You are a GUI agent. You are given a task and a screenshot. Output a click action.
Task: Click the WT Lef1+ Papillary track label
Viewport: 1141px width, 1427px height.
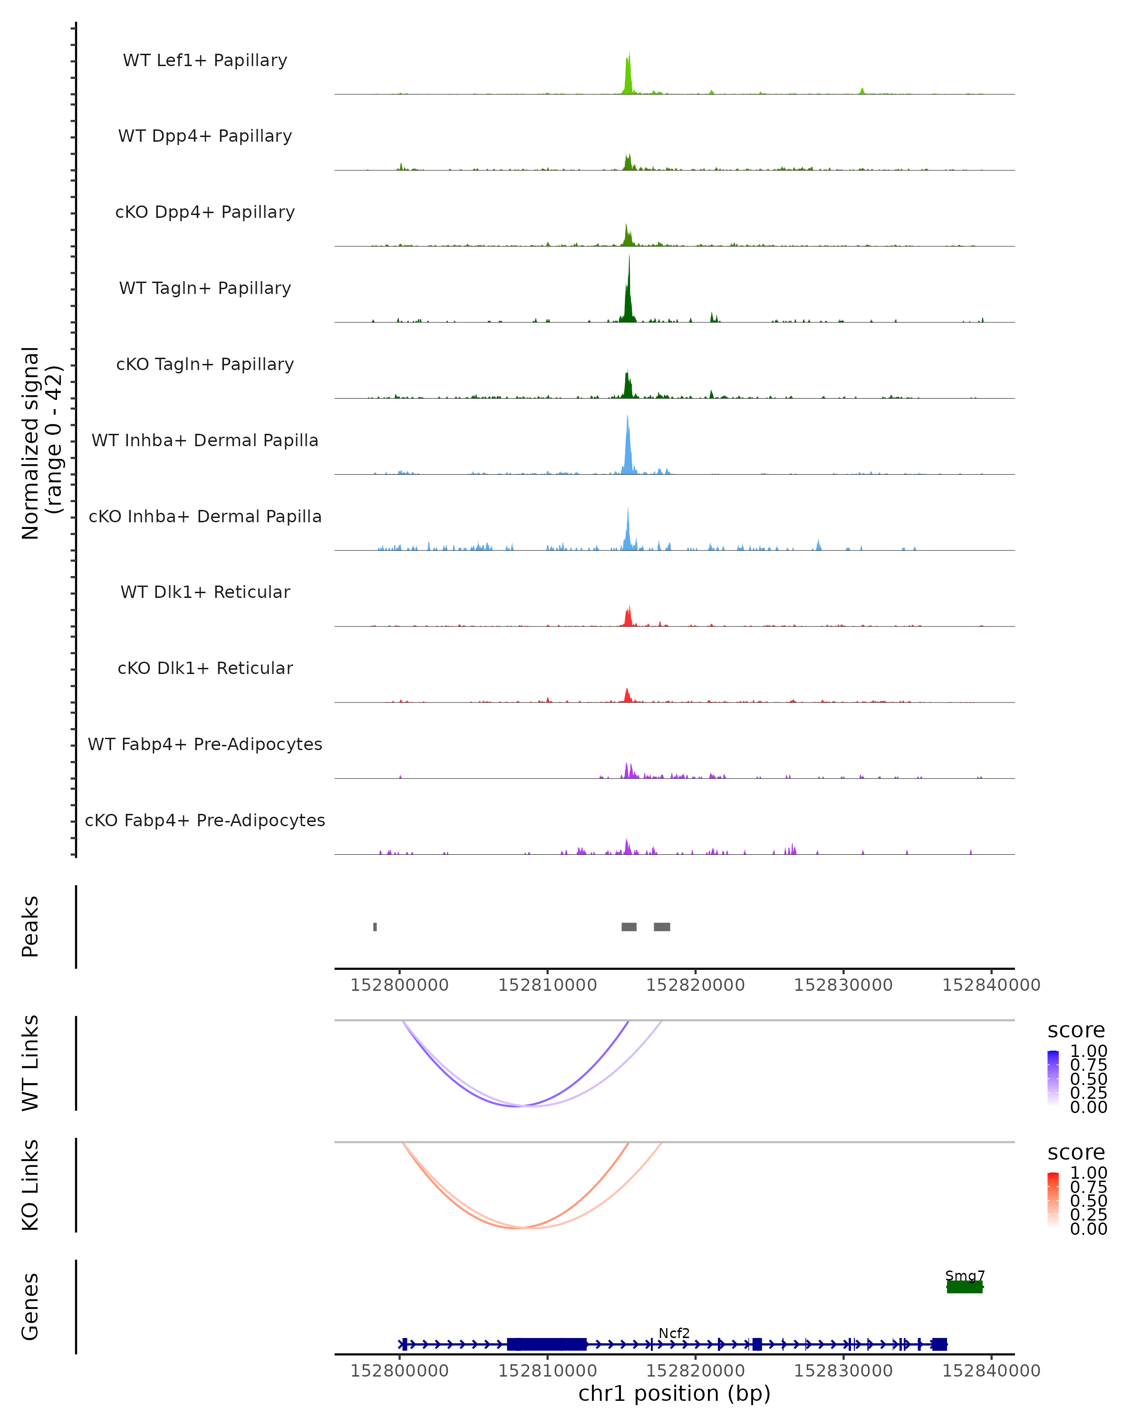pos(205,60)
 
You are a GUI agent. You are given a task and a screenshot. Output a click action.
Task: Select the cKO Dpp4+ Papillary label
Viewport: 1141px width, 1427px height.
pos(205,213)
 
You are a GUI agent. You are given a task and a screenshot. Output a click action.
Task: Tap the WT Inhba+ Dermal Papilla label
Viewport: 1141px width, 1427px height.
pos(205,441)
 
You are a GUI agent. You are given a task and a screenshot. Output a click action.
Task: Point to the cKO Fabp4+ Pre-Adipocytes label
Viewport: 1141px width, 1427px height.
pos(205,821)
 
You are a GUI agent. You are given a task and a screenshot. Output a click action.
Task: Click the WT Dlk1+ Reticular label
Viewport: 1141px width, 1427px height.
pos(205,592)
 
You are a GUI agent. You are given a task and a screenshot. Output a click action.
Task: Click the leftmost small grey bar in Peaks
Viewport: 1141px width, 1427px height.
pos(375,927)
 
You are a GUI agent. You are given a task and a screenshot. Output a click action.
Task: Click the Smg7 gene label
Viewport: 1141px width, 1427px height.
pos(965,1275)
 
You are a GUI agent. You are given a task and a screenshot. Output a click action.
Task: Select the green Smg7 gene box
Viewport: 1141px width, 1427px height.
pos(965,1287)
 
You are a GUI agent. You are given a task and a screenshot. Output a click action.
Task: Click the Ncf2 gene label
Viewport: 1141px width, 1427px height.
pos(674,1333)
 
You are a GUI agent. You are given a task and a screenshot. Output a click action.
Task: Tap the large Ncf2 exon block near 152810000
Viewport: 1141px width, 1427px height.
pos(546,1344)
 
